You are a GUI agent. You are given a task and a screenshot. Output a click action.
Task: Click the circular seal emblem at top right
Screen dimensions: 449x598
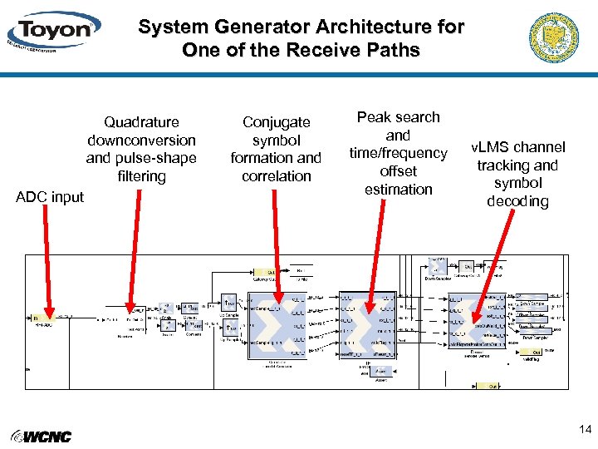[x=553, y=37]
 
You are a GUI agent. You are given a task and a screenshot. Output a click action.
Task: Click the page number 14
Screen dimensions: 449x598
[x=585, y=430]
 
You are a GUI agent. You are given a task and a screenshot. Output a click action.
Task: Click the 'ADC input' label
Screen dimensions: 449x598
[x=51, y=197]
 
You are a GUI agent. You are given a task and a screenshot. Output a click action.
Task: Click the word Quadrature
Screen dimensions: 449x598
[x=141, y=122]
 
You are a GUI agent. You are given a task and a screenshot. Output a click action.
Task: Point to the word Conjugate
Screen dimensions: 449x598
[x=276, y=122]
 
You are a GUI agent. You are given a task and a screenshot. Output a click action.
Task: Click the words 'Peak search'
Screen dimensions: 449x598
[x=399, y=117]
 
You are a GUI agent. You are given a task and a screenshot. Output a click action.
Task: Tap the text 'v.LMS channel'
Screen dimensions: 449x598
[x=518, y=147]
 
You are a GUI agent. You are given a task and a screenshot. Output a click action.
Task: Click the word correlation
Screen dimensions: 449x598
[x=276, y=176]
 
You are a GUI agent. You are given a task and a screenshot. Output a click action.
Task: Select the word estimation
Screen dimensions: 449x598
[x=399, y=190]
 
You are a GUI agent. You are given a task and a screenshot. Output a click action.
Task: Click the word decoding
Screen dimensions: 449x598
[x=518, y=201]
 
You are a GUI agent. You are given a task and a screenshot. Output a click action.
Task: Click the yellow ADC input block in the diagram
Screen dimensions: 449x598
[x=41, y=318]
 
